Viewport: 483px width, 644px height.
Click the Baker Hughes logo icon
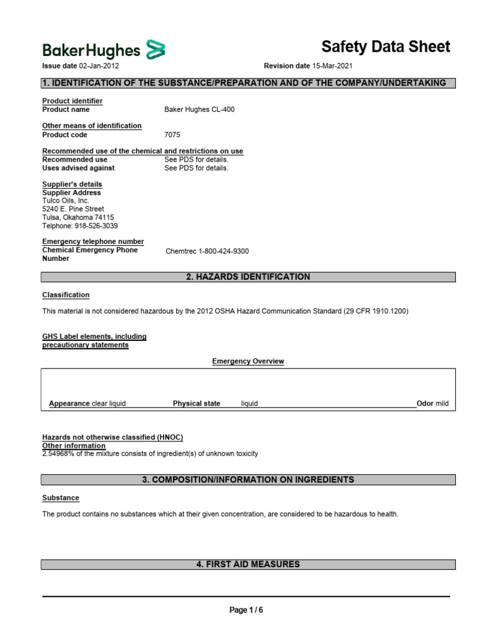click(156, 49)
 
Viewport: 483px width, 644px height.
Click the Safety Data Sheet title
click(386, 47)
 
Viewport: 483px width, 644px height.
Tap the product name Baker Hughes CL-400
click(199, 109)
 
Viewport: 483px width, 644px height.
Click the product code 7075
click(172, 135)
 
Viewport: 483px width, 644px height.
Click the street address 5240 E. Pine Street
click(73, 209)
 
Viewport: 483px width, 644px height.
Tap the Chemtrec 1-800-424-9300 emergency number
click(207, 251)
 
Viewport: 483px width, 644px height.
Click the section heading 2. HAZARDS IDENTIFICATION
click(248, 277)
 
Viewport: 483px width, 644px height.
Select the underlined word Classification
click(65, 295)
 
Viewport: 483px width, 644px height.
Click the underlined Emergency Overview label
click(248, 361)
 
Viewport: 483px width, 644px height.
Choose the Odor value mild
click(441, 404)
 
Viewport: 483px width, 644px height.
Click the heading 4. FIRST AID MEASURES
click(248, 565)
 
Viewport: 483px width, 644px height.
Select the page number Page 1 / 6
click(246, 610)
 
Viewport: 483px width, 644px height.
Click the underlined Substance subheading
click(60, 497)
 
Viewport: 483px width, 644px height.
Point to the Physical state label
click(196, 404)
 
